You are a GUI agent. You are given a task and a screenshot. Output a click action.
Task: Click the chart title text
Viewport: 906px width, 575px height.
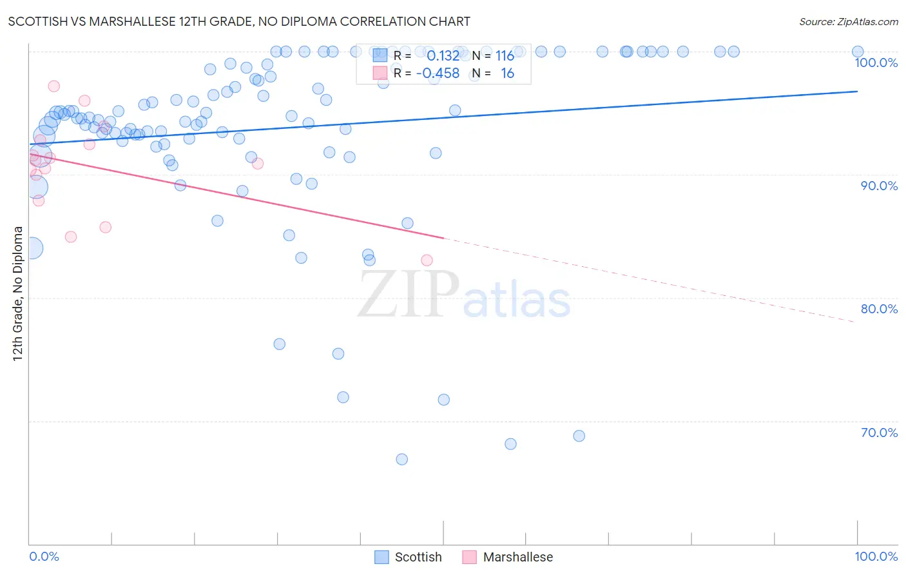point(239,21)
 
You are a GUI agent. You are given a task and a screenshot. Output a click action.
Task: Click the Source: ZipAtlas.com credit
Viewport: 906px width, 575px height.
point(848,21)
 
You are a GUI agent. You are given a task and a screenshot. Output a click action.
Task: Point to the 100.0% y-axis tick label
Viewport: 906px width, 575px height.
point(876,63)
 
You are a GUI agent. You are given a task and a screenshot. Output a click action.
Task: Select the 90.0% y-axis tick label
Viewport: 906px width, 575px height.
point(879,186)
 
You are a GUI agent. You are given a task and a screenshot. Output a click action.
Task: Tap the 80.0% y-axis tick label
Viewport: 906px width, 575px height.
point(879,309)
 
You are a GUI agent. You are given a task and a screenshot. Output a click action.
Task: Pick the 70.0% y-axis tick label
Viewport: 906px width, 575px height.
point(879,433)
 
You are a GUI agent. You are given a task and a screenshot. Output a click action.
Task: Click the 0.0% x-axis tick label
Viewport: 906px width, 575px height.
point(44,556)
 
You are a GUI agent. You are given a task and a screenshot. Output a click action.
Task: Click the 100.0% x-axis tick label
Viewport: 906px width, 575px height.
point(876,556)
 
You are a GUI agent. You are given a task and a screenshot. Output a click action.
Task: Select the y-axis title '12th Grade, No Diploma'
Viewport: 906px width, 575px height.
point(18,293)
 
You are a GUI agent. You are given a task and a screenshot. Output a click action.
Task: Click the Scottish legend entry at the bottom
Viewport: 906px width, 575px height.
point(409,557)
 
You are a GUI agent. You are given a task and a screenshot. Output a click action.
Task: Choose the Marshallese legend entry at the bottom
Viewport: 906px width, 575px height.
point(508,557)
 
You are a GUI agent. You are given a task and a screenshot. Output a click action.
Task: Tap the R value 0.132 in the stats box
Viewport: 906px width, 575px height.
point(443,56)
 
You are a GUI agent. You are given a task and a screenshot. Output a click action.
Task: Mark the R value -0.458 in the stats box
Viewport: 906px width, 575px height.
point(438,73)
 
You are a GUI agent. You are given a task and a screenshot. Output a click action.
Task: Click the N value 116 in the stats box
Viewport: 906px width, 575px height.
point(505,56)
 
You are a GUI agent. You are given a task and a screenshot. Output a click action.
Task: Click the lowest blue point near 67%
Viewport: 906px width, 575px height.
point(401,460)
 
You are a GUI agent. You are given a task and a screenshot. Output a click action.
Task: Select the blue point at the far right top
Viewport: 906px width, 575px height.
point(857,52)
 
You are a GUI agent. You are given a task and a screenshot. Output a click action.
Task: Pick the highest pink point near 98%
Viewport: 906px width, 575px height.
point(54,86)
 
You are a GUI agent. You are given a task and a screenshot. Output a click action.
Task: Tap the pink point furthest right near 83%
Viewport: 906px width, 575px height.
point(427,260)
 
